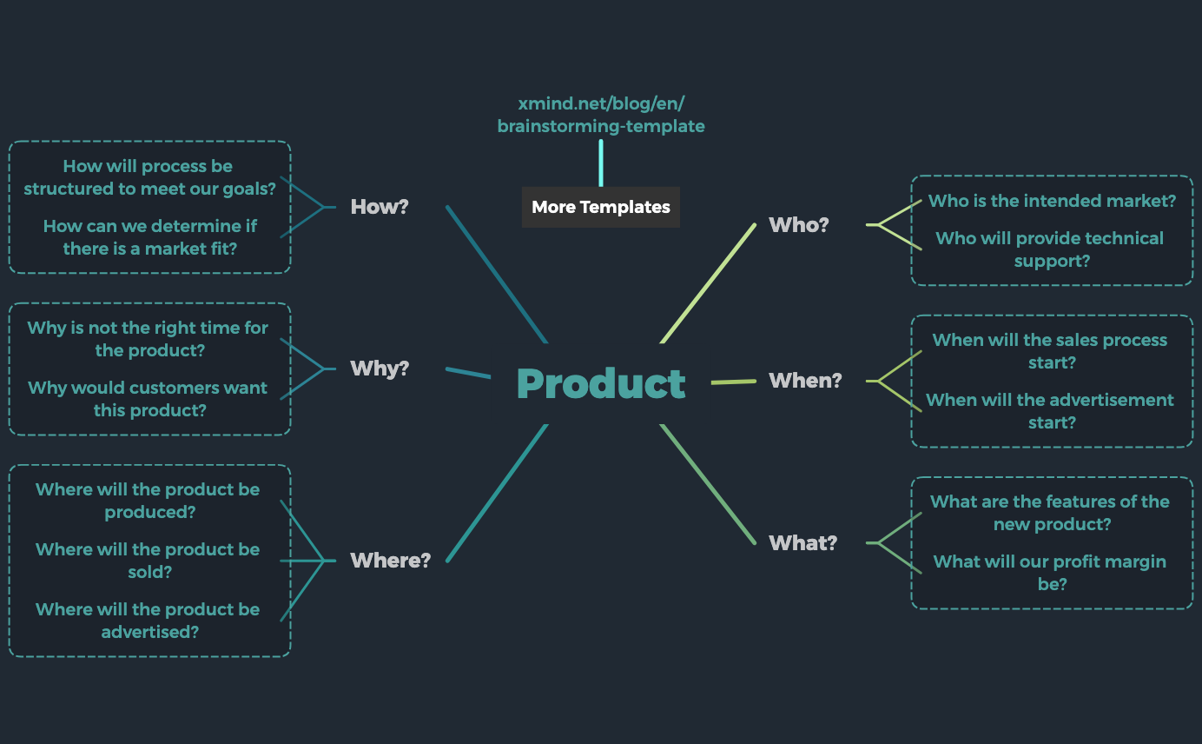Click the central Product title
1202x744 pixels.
click(601, 383)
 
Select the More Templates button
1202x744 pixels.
click(601, 208)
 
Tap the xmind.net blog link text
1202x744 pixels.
click(601, 115)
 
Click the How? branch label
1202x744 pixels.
click(380, 207)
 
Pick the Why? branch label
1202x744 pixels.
click(380, 369)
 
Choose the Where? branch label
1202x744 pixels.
click(390, 561)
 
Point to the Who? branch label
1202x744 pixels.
click(798, 224)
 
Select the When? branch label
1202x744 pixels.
click(805, 381)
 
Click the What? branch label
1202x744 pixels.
click(802, 543)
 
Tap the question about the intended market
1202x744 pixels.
click(1052, 201)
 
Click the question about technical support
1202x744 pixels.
click(1050, 249)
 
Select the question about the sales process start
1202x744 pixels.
click(1050, 351)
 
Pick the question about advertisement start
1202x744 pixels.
click(1050, 411)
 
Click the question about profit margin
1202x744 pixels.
click(1050, 573)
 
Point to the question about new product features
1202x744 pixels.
click(1050, 513)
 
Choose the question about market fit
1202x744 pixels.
click(149, 237)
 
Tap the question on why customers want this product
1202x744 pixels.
click(148, 399)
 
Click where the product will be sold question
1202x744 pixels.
click(148, 561)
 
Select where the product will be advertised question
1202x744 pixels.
click(148, 621)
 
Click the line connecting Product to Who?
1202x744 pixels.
click(708, 283)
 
